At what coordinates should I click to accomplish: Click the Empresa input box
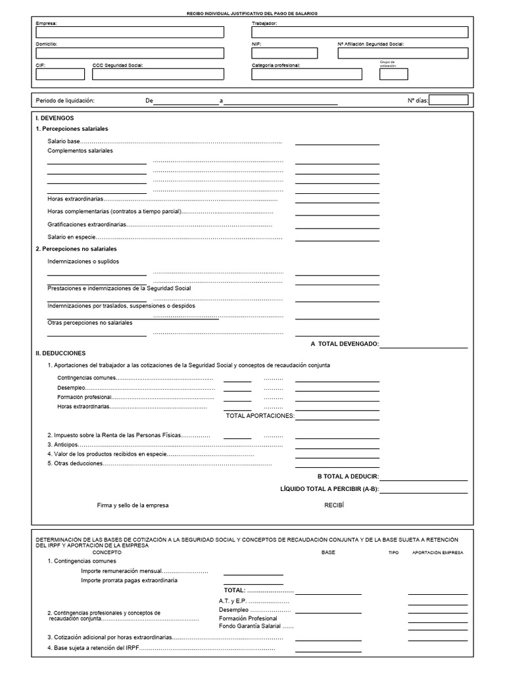[x=130, y=32]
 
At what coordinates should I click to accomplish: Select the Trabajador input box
[x=360, y=32]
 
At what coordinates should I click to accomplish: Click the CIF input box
[x=60, y=74]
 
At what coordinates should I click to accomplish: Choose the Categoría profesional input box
[x=306, y=74]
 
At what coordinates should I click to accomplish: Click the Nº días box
[x=448, y=101]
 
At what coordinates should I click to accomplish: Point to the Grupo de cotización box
[x=393, y=74]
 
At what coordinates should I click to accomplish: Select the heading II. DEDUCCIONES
[x=60, y=353]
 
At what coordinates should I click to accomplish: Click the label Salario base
[x=63, y=141]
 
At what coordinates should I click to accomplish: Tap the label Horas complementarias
[x=114, y=212]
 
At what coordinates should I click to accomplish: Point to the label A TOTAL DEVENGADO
[x=345, y=344]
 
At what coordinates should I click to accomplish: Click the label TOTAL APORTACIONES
[x=260, y=415]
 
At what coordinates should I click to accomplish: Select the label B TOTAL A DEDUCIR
[x=348, y=476]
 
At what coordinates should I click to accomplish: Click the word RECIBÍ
[x=334, y=505]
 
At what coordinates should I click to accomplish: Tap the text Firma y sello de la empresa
[x=133, y=505]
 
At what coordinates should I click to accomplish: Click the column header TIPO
[x=394, y=553]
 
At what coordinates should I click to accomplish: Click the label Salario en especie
[x=72, y=237]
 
